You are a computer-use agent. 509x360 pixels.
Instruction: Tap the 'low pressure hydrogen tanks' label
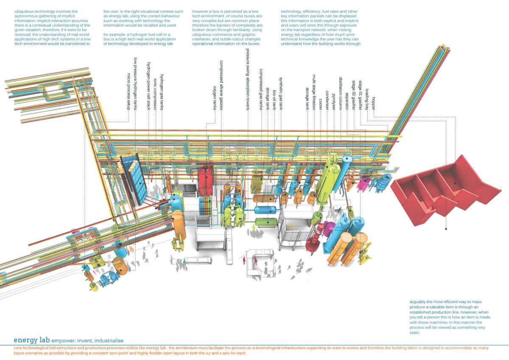coord(135,83)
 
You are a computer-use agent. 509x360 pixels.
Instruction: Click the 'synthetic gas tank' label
coord(281,91)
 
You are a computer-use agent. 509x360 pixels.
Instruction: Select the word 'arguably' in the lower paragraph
coord(420,301)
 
